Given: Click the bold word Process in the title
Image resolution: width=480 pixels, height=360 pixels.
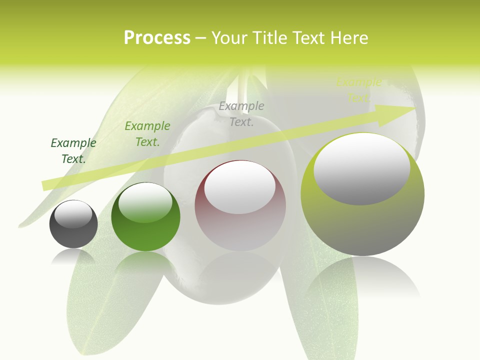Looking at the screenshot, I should point(157,38).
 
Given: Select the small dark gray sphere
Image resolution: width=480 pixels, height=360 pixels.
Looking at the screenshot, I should point(73,224).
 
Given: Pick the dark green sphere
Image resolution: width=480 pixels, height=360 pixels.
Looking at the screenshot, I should point(145,217).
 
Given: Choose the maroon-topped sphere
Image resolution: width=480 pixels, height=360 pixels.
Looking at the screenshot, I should point(240,206).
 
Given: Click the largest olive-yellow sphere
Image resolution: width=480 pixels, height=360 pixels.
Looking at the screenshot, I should point(362,195).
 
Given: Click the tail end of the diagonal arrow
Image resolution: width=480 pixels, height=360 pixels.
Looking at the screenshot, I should point(45,185).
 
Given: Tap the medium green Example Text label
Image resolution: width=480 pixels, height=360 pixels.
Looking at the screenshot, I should point(147,134).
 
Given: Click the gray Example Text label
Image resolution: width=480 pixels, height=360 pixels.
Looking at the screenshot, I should point(241,114).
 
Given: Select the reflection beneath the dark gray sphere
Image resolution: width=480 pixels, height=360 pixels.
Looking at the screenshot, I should point(73,257).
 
